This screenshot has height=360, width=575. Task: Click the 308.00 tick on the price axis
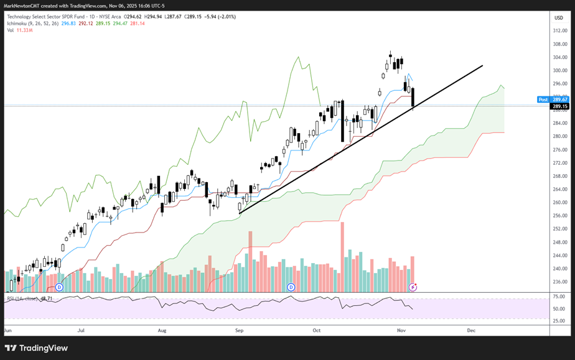tap(559, 44)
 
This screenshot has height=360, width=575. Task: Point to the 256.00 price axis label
tap(559, 216)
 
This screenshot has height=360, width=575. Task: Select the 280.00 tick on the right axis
tap(559, 136)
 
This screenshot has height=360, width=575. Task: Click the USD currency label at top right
tap(558, 17)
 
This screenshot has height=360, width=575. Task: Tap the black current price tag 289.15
tap(559, 106)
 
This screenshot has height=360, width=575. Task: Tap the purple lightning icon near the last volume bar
tap(412, 287)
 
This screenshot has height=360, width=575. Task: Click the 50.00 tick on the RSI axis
tap(559, 308)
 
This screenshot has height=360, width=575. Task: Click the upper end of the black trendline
tap(482, 65)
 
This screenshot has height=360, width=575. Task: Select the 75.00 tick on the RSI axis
tap(559, 297)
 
